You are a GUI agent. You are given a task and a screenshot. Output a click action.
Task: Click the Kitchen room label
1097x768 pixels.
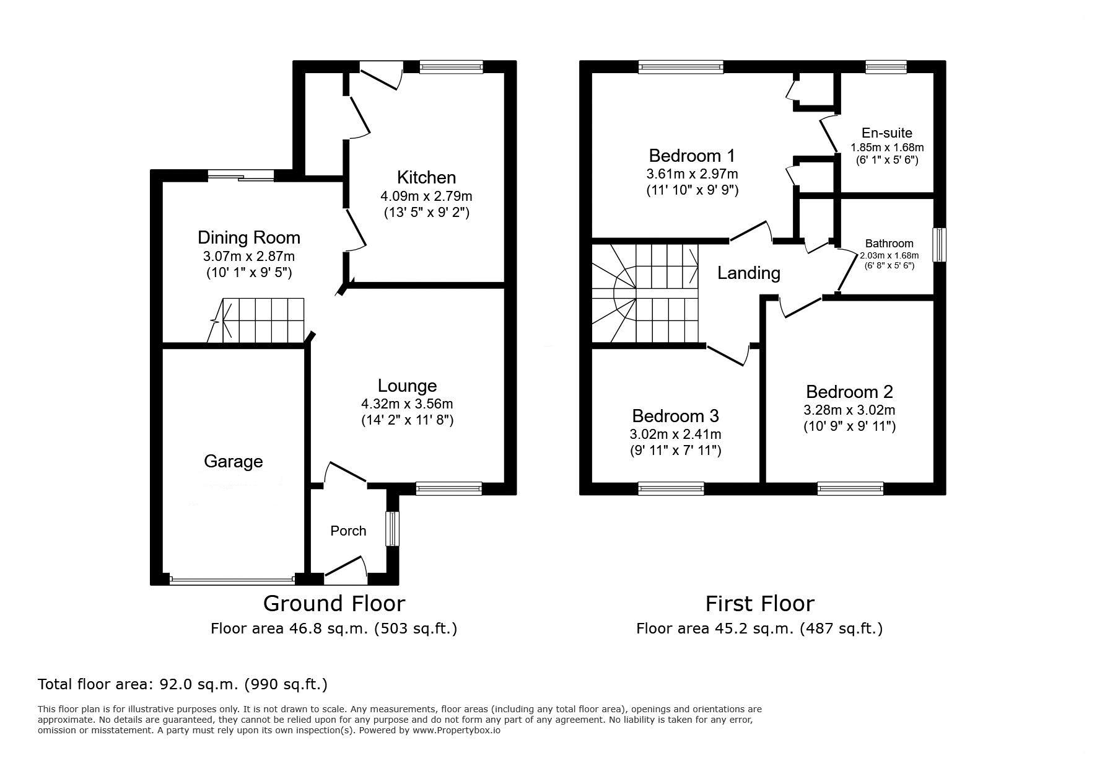pyautogui.click(x=426, y=177)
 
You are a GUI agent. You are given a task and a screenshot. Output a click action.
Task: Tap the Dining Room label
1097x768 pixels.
pyautogui.click(x=249, y=237)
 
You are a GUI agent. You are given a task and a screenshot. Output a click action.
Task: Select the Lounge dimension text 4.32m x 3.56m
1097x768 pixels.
pyautogui.click(x=407, y=404)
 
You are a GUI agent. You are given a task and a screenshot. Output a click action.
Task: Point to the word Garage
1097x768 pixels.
pyautogui.click(x=234, y=462)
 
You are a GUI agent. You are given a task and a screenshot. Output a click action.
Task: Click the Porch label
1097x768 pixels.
pyautogui.click(x=348, y=531)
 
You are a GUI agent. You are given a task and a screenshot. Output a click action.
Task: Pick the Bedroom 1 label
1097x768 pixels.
pyautogui.click(x=692, y=156)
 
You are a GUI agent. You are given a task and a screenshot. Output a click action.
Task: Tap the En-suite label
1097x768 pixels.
pyautogui.click(x=887, y=133)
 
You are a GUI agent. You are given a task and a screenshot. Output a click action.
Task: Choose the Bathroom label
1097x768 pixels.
pyautogui.click(x=889, y=244)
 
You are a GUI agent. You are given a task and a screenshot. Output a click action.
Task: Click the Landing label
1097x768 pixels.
pyautogui.click(x=748, y=273)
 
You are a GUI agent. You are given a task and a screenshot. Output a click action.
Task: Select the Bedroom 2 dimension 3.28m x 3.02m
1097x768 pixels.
pyautogui.click(x=849, y=410)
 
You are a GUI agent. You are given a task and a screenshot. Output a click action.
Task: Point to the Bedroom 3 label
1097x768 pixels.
pyautogui.click(x=675, y=415)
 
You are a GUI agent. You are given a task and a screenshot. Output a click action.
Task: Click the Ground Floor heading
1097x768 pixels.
pyautogui.click(x=334, y=603)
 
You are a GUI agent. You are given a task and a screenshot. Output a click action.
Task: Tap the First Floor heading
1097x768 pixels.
pyautogui.click(x=759, y=603)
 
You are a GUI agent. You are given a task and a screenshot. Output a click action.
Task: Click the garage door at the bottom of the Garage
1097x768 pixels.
pyautogui.click(x=232, y=580)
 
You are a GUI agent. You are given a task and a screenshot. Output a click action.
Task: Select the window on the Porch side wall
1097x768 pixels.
pyautogui.click(x=392, y=529)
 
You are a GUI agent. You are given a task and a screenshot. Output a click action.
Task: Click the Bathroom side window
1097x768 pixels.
pyautogui.click(x=940, y=245)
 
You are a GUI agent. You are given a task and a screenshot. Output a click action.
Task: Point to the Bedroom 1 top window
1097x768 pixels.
pyautogui.click(x=681, y=67)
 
